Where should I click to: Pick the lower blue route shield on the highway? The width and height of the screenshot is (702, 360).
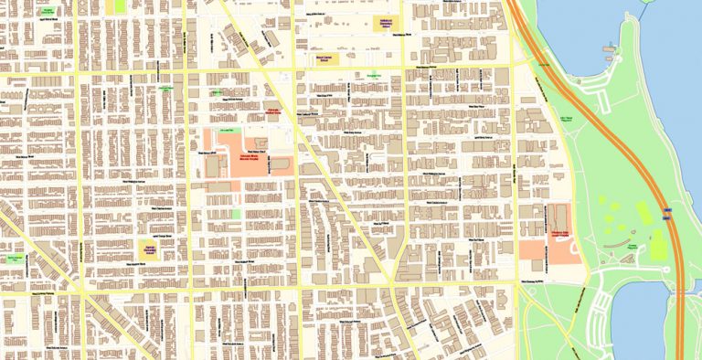pos(677,289)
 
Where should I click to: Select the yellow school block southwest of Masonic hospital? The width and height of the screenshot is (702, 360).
pos(148,249)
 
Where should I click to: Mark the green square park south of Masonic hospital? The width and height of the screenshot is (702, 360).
pos(236,214)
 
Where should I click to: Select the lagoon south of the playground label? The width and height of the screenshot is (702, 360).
pos(644,320)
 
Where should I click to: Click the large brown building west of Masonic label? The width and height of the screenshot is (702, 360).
pos(217,167)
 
